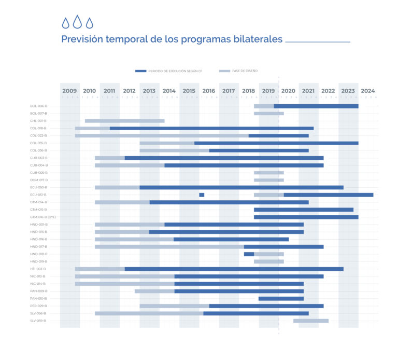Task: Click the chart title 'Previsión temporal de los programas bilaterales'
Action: click(x=172, y=39)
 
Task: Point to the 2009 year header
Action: click(x=69, y=91)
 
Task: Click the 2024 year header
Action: click(x=367, y=91)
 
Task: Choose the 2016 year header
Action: click(x=208, y=91)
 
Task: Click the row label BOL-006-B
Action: click(x=39, y=106)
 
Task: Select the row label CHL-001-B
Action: click(x=39, y=121)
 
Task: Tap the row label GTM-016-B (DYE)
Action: click(x=43, y=217)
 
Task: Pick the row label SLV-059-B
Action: click(x=39, y=321)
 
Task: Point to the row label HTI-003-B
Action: click(x=39, y=269)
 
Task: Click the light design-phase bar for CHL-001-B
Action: click(x=124, y=121)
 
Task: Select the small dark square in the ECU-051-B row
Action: click(x=202, y=195)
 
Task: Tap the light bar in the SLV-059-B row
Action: click(x=310, y=321)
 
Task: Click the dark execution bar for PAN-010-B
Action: click(x=281, y=299)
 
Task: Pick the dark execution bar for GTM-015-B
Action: click(x=303, y=210)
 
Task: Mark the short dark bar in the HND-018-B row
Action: click(x=249, y=254)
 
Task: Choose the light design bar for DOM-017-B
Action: click(x=268, y=180)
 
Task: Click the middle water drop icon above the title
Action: click(x=77, y=22)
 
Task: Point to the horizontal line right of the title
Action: click(x=317, y=41)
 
